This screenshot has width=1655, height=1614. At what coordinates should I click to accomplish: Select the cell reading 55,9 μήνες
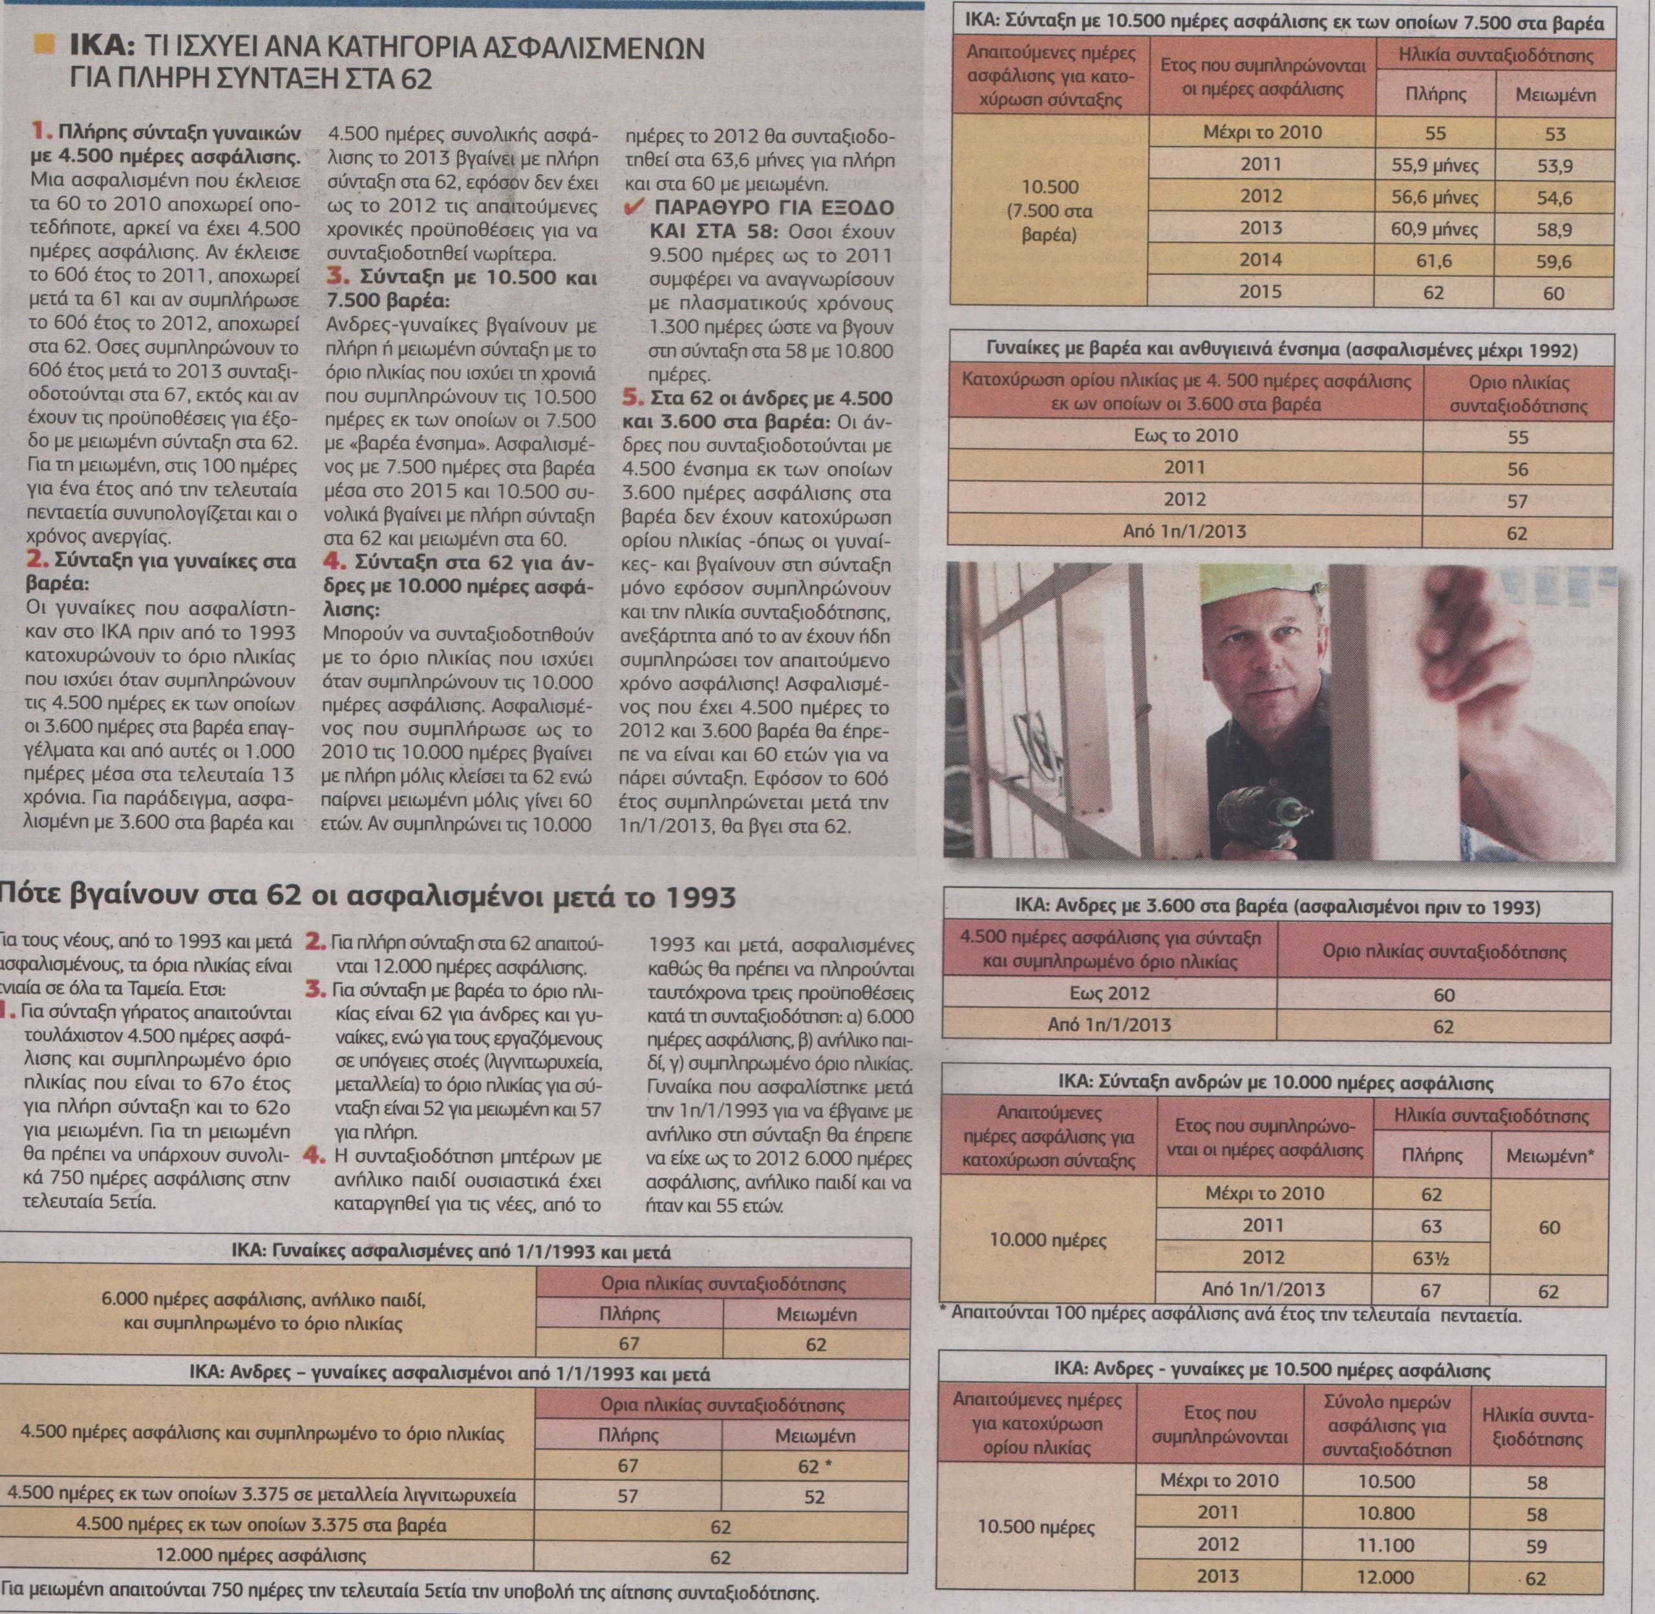click(x=1435, y=165)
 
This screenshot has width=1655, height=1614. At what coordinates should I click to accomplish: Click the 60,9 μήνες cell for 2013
click(x=1435, y=229)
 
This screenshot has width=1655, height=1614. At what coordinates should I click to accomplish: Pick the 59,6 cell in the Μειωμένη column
click(x=1554, y=261)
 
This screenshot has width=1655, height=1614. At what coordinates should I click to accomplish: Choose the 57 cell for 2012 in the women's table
click(x=1517, y=501)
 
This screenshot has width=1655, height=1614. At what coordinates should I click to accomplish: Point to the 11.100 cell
click(x=1385, y=1545)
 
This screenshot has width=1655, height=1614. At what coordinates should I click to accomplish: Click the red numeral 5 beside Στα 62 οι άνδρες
click(x=630, y=398)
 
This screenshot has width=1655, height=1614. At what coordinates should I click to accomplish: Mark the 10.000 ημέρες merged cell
click(x=1048, y=1241)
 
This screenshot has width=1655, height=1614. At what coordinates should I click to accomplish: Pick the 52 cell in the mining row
click(x=815, y=1497)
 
